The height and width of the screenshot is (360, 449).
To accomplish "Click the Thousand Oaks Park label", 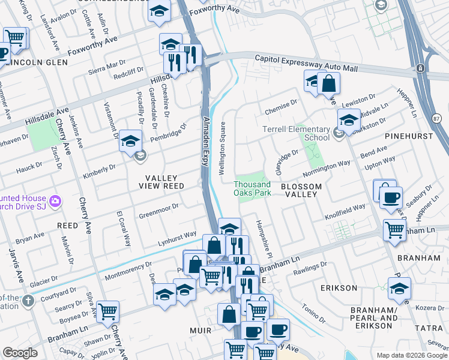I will point(252,188).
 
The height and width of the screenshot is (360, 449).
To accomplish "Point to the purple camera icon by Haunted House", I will point(55,200).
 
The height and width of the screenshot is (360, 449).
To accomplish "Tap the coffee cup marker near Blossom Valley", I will point(391,197).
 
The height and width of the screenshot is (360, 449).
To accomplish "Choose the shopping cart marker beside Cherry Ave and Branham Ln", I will point(107,311).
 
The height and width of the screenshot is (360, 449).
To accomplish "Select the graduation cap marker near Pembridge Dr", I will point(130,142).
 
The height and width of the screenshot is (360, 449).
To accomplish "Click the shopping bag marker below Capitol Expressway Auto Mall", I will point(328,83).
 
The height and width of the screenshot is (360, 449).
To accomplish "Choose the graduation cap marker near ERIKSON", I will point(399,289).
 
